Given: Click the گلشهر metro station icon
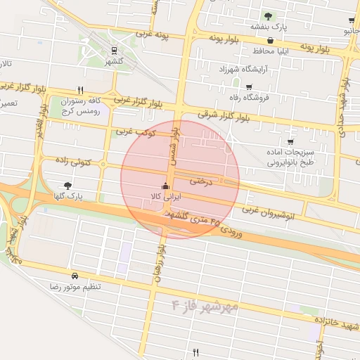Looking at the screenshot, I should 113,51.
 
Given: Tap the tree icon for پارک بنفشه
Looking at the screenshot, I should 266,16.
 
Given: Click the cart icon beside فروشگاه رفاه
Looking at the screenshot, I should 268,86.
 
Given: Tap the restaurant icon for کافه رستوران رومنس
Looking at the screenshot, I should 80,91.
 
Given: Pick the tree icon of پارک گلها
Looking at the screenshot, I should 67,185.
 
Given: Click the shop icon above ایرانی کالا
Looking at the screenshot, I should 165,186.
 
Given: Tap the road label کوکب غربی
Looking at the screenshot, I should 133,131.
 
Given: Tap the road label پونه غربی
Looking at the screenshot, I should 154,33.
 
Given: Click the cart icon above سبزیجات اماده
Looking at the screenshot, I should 290,143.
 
